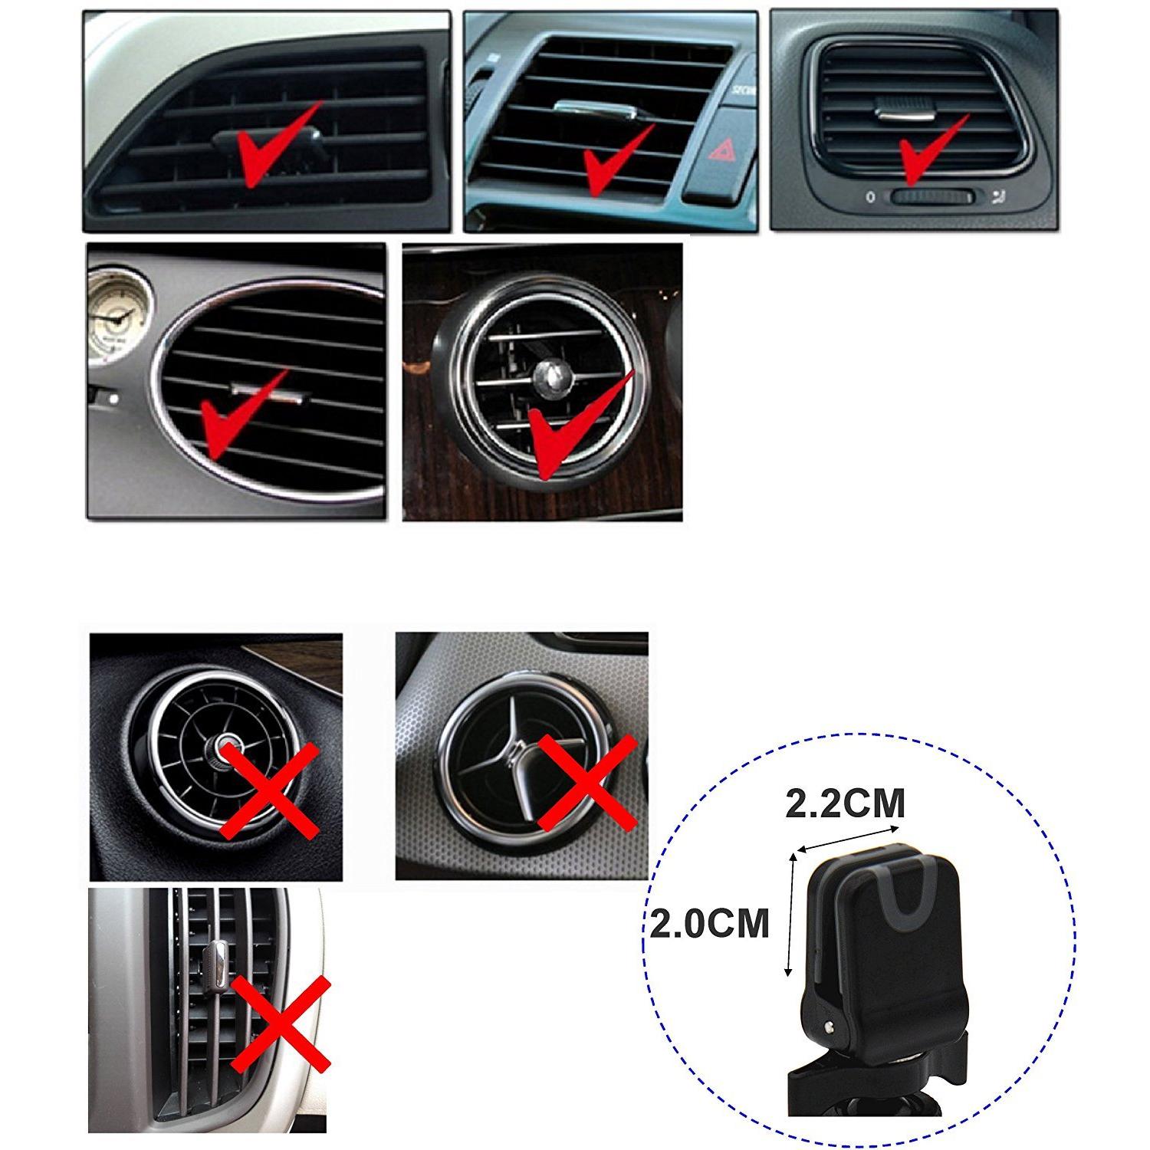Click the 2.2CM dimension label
pos(845,804)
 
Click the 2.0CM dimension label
pos(709,923)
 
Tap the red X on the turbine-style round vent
pos(269,790)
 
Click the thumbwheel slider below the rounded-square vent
pos(931,196)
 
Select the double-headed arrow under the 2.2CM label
pos(847,838)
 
